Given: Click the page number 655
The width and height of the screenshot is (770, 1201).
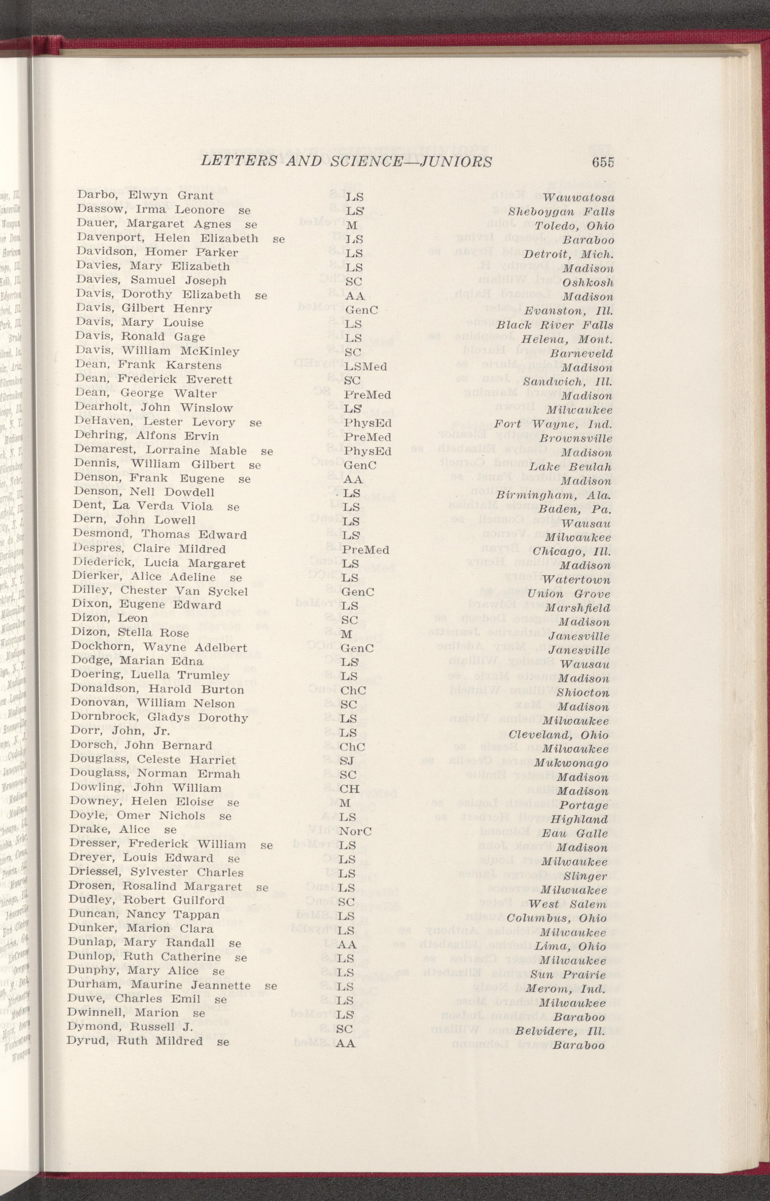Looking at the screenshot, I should coord(602,162).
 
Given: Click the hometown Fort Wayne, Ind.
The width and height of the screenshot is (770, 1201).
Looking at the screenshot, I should coord(553,424).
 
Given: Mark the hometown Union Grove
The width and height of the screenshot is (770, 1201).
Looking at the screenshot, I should coord(569,594).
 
